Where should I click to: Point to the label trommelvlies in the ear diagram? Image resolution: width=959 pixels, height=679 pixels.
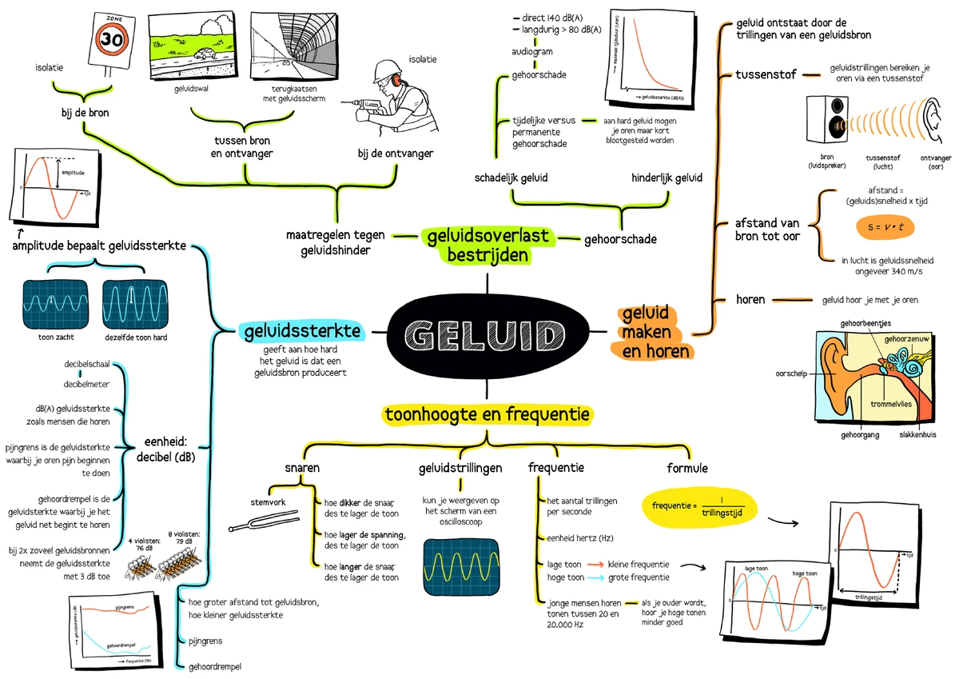click(x=891, y=404)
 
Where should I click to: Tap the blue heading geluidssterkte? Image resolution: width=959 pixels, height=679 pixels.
click(x=301, y=331)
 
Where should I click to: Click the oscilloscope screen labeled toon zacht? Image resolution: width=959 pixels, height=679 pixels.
click(x=51, y=301)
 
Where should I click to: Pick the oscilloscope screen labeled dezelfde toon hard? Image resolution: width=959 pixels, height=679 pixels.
click(x=135, y=301)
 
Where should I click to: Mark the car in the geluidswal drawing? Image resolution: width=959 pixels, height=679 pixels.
click(x=205, y=56)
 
